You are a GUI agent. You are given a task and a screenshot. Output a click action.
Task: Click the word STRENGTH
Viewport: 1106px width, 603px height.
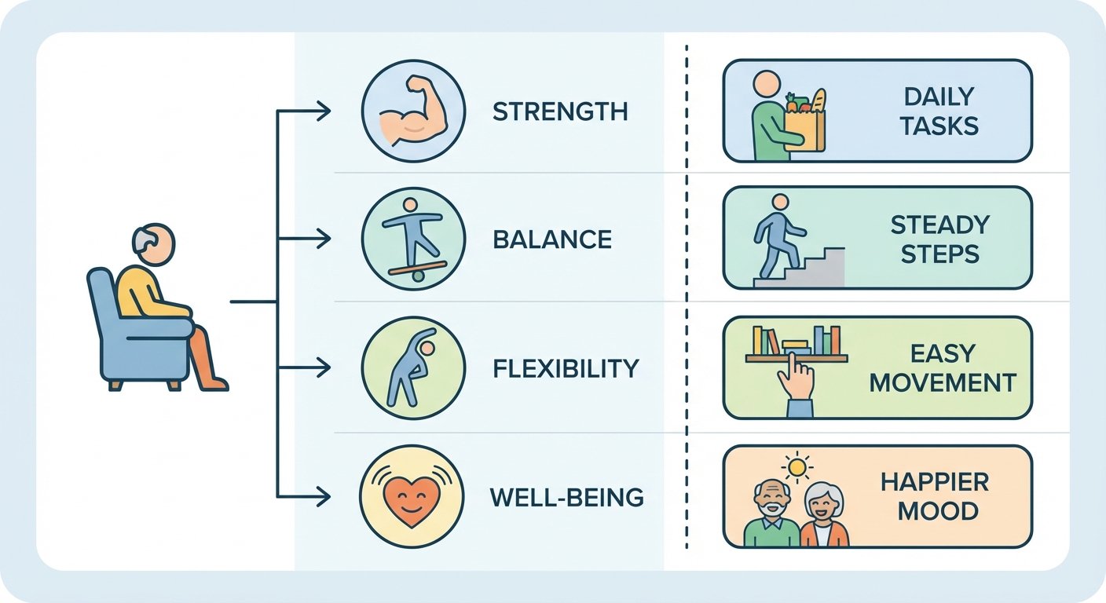click(560, 111)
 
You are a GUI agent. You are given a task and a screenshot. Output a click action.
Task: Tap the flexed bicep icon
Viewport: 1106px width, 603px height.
click(414, 111)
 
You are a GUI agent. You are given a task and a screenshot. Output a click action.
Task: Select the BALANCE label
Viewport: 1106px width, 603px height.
click(552, 239)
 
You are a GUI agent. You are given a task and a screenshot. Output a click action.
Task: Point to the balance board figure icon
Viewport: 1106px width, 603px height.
click(414, 239)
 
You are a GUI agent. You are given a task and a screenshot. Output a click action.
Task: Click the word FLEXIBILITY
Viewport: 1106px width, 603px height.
click(566, 368)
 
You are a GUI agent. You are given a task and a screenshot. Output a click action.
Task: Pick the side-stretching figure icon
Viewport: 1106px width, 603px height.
click(412, 367)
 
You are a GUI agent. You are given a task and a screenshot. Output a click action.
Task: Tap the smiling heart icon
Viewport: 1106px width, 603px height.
click(412, 499)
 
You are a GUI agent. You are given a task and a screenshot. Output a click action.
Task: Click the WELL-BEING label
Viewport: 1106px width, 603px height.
click(567, 498)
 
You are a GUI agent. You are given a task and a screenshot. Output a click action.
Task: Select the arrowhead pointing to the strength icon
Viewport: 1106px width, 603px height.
click(324, 111)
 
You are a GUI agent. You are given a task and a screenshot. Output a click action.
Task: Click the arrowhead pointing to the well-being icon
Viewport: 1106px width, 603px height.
click(324, 496)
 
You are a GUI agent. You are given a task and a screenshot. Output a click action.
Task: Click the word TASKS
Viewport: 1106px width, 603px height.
click(939, 126)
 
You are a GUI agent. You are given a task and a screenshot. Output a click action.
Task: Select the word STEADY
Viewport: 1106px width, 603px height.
click(940, 225)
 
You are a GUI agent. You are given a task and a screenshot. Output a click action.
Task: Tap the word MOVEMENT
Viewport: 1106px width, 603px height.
click(943, 383)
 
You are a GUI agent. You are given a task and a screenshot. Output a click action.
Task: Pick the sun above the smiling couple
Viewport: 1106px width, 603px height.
click(797, 466)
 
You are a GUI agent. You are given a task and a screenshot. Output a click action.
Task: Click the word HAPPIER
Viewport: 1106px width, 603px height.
click(935, 482)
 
